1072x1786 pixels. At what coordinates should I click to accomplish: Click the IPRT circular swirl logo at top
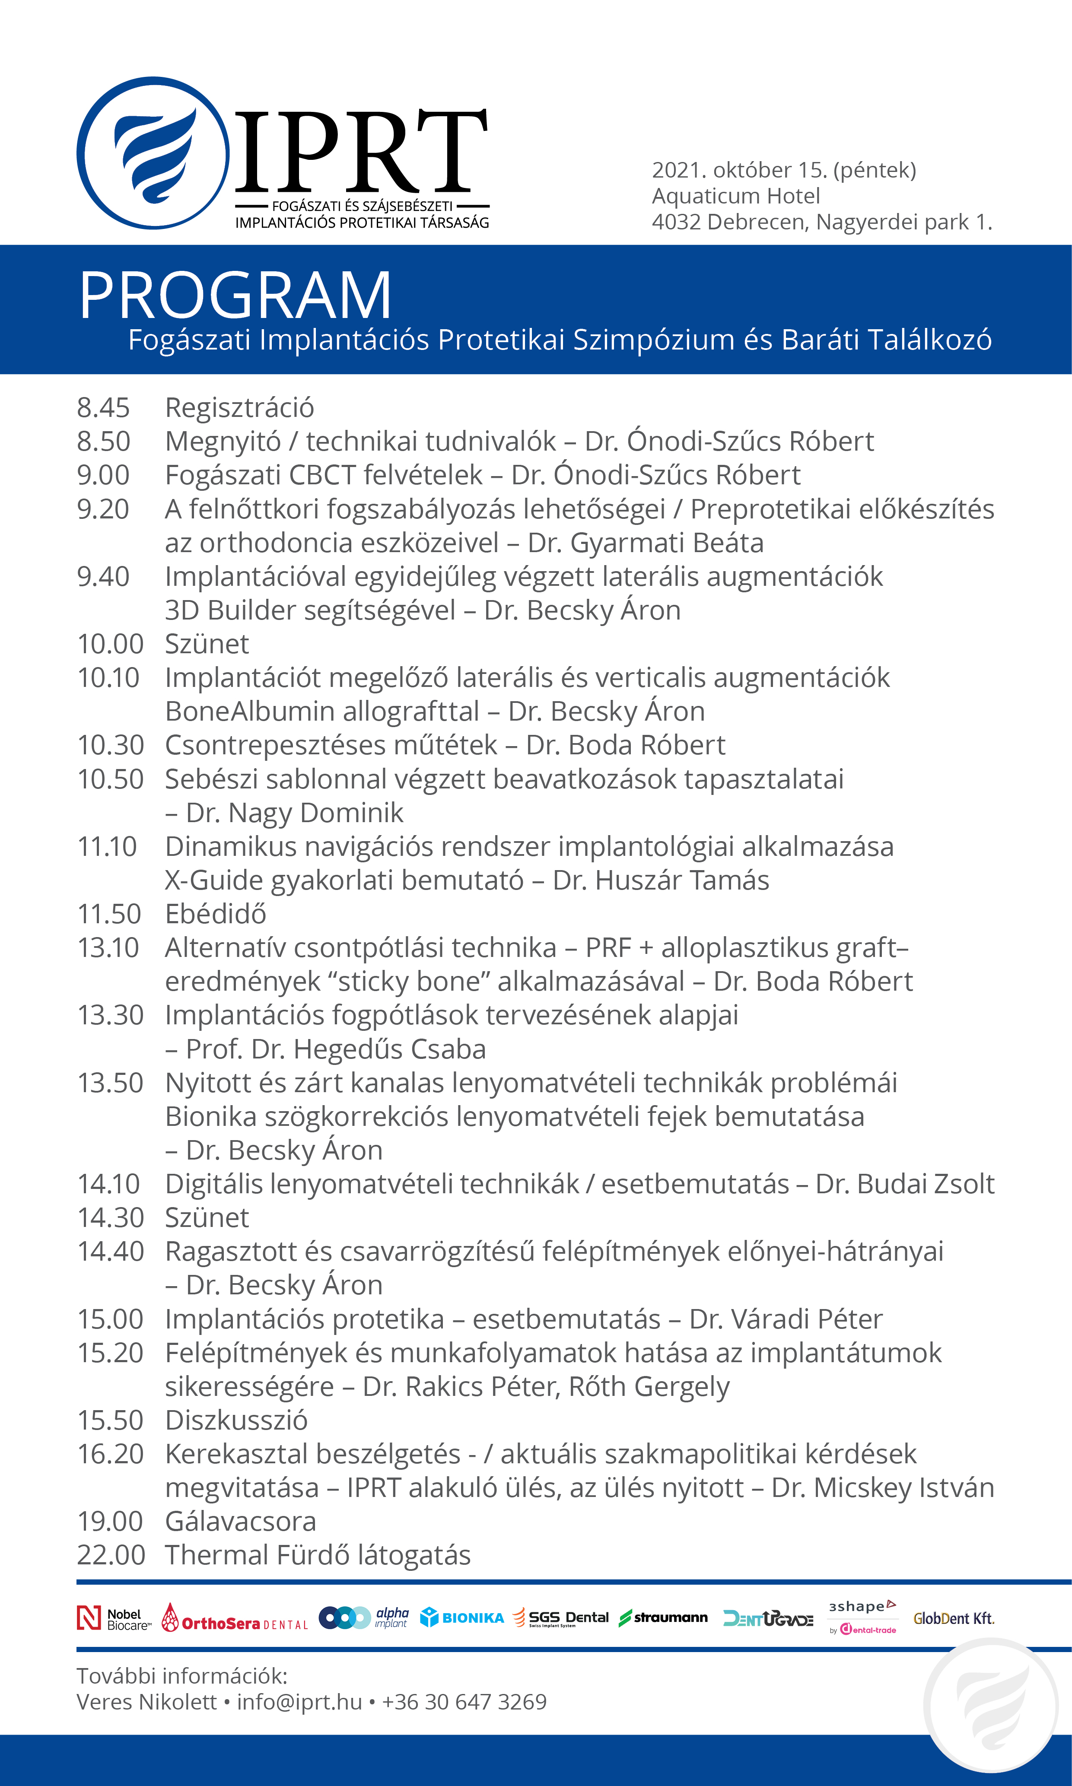[x=153, y=153]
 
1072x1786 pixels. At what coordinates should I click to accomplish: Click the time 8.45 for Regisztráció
[x=103, y=408]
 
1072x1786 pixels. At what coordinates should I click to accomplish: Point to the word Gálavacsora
[x=241, y=1522]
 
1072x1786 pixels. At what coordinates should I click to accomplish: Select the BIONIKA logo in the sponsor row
[x=462, y=1618]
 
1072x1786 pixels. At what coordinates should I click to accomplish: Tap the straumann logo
[x=663, y=1618]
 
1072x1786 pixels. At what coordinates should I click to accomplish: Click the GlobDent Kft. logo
[x=954, y=1618]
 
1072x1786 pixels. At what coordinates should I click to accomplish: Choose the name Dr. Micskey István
[x=883, y=1488]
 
